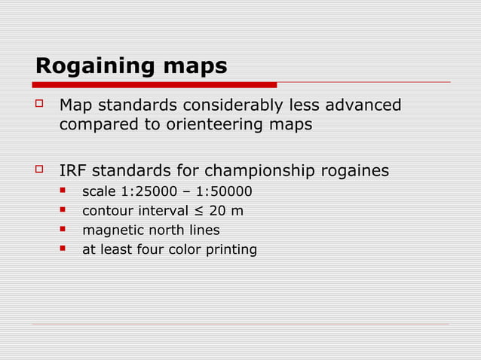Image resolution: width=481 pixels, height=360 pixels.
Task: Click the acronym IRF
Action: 73,171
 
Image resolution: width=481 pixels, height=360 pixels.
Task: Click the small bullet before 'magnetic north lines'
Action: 65,230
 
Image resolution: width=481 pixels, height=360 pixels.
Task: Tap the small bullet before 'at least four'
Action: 65,249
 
